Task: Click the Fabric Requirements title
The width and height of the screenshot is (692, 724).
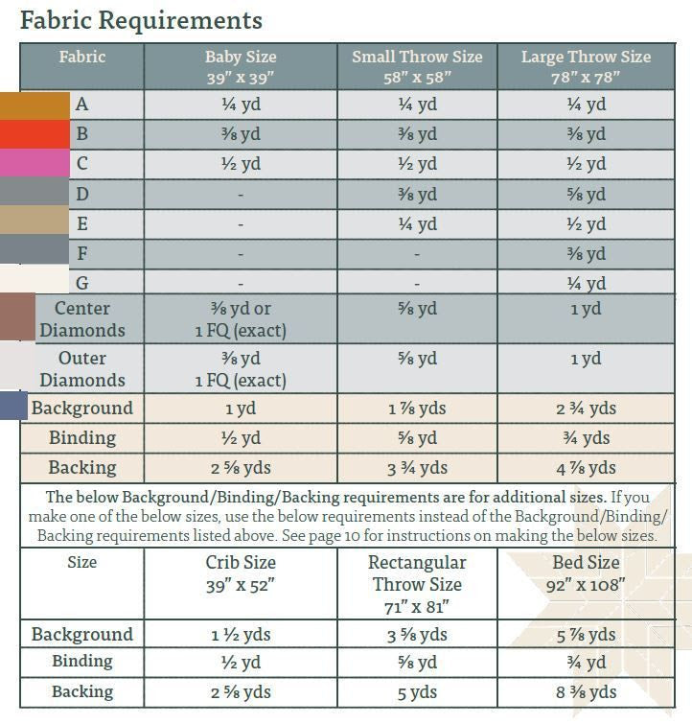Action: [141, 20]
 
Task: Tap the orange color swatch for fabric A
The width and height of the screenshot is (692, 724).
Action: [35, 105]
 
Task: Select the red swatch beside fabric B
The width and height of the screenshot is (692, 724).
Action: [35, 134]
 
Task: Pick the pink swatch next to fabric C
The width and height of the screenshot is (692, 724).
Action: [35, 164]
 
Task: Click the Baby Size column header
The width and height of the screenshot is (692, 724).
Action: [240, 66]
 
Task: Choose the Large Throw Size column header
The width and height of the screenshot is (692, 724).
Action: [586, 66]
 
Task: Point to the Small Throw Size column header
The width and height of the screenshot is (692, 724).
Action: [417, 66]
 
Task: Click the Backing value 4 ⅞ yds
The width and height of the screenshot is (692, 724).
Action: [586, 468]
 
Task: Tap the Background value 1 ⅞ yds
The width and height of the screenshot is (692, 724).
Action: [417, 409]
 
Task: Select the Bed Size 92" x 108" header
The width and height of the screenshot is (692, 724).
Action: [586, 572]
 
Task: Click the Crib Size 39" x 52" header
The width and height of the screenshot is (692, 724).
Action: [240, 572]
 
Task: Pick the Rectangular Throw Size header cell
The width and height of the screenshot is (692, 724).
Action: [417, 584]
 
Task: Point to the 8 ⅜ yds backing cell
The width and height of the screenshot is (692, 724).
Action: [586, 692]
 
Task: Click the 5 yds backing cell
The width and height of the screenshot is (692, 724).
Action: [417, 692]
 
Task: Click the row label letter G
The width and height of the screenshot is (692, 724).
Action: [82, 283]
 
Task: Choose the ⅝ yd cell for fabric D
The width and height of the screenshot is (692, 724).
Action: [586, 195]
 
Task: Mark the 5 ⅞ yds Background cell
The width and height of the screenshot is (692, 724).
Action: [586, 635]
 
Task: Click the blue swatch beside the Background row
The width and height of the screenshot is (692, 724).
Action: [13, 406]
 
